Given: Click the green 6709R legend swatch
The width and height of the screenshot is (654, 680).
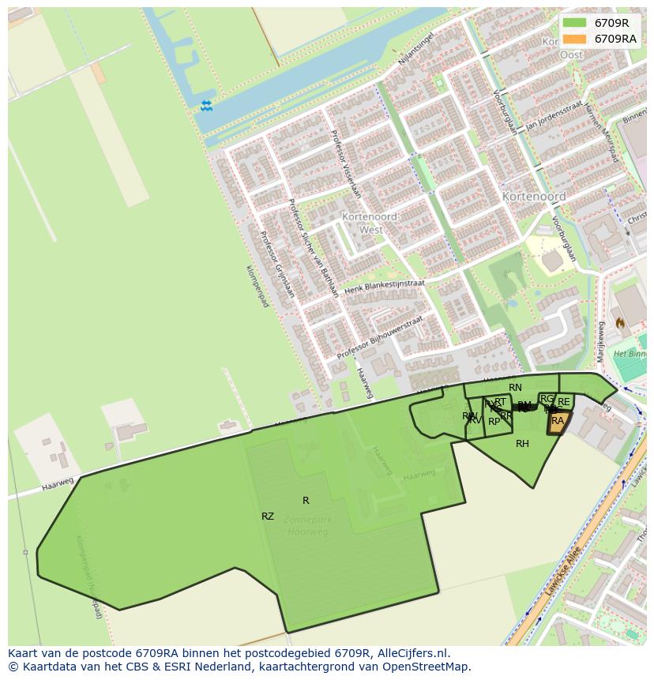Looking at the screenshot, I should [575, 23].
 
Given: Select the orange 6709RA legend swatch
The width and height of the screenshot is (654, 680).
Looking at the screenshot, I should [575, 39].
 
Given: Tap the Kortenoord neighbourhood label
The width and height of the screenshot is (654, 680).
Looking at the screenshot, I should [534, 196].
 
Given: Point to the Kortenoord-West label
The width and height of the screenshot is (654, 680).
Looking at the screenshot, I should [370, 224].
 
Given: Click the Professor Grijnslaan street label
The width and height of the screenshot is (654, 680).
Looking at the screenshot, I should [277, 264].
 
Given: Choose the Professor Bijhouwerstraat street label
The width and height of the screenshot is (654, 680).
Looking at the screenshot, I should [380, 338].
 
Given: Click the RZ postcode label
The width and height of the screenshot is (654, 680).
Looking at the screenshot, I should [268, 517].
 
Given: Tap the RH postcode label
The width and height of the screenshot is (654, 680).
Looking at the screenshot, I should [522, 444].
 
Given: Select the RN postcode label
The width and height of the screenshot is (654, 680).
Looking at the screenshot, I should [515, 388].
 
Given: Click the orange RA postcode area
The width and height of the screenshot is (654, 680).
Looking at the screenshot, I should [558, 423].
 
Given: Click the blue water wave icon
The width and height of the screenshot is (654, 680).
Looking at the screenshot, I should [206, 106].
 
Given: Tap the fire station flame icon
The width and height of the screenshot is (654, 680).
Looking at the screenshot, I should [621, 323].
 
